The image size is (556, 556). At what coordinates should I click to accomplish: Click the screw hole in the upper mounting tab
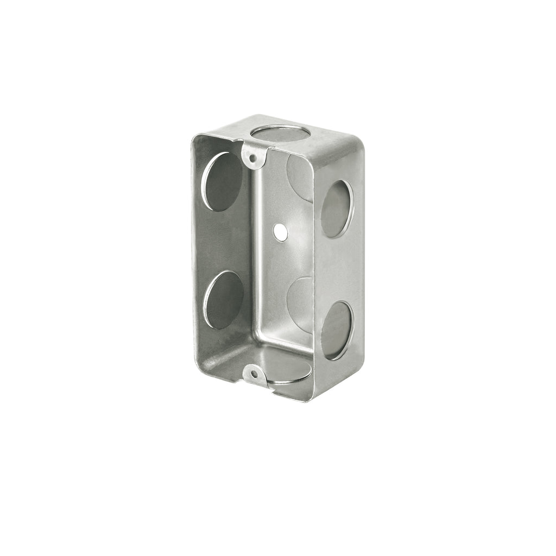(x=252, y=158)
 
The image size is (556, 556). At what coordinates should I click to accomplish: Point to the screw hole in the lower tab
(x=254, y=374)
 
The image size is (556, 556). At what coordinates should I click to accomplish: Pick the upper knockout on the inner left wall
(x=223, y=181)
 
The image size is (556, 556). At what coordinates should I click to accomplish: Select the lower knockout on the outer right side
(x=337, y=330)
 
